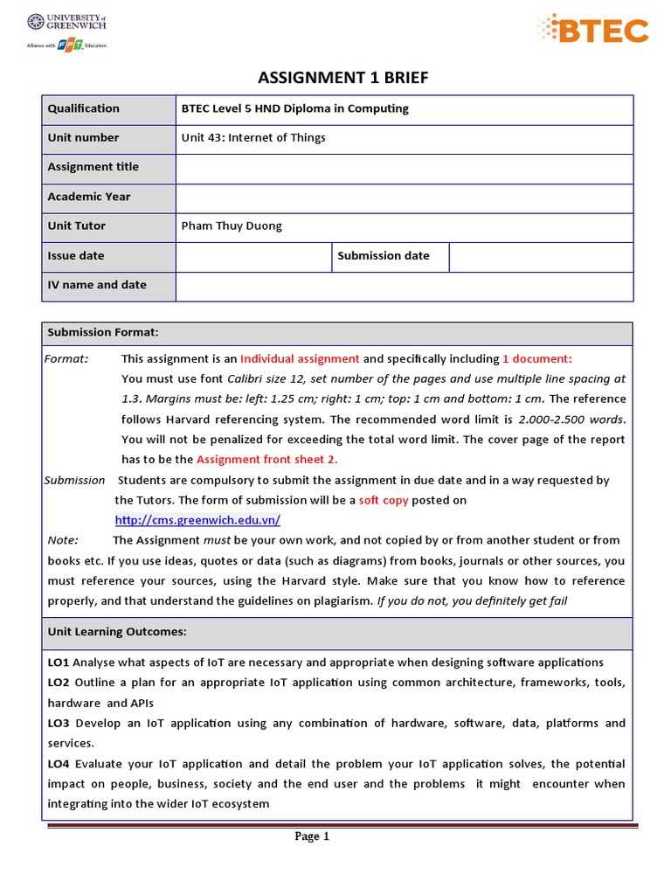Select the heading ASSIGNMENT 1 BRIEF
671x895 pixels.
342,79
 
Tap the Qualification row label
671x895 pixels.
84,109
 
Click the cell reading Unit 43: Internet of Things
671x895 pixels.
253,138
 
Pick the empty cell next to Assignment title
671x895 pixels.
404,168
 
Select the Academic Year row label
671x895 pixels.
89,197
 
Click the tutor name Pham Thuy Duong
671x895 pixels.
232,226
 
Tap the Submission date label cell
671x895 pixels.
384,256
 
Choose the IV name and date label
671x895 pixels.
97,285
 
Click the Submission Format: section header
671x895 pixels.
103,333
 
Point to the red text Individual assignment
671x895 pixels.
300,359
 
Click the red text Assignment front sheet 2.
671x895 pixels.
266,460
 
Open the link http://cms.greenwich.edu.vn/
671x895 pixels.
197,520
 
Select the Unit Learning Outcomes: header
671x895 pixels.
117,632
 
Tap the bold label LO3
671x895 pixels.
59,724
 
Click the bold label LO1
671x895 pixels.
59,663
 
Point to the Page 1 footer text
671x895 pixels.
312,836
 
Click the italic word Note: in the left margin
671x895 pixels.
63,540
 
